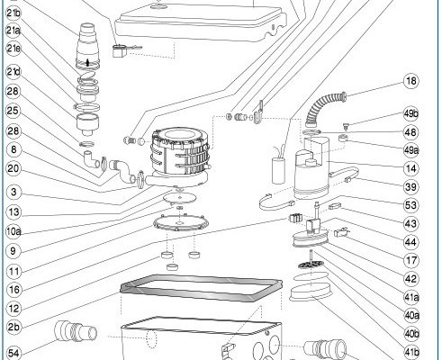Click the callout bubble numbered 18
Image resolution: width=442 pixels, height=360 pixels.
(x=411, y=81)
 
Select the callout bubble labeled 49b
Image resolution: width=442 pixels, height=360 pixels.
(x=411, y=114)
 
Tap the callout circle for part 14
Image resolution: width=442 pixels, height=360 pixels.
(x=410, y=168)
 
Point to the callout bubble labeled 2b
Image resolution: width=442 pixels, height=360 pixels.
(x=14, y=327)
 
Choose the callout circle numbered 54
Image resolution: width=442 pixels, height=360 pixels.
(x=14, y=353)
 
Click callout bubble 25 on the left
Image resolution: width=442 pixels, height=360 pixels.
(x=13, y=111)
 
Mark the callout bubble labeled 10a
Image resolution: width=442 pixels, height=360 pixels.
(x=14, y=231)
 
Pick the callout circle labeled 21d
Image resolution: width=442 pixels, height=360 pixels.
(x=14, y=72)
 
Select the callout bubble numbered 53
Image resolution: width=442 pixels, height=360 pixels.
(x=410, y=205)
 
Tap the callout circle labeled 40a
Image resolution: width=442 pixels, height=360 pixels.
(x=411, y=316)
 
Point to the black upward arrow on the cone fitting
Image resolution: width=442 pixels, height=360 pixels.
(x=87, y=62)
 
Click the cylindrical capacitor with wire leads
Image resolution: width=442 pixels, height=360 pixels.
(x=278, y=170)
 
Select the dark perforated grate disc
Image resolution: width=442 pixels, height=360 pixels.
(x=311, y=265)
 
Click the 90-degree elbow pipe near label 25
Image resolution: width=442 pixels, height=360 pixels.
(x=91, y=158)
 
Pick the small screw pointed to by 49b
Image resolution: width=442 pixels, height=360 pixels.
(x=346, y=126)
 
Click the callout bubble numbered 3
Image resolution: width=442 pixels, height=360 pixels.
(x=14, y=192)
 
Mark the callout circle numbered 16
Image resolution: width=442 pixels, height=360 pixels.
(x=14, y=290)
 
